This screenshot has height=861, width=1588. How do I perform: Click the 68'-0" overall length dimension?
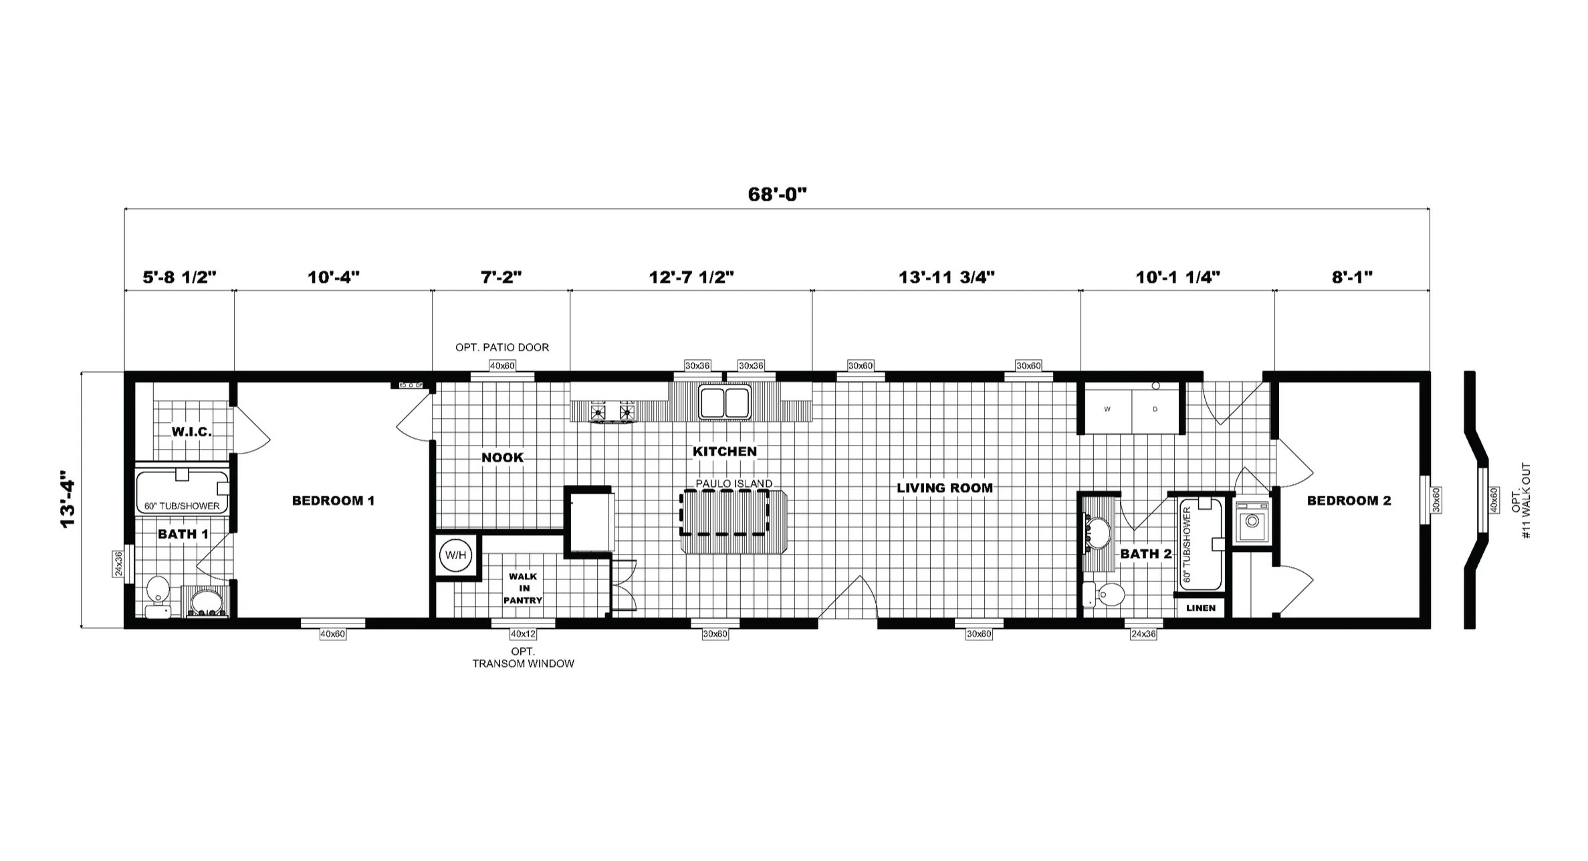tap(778, 195)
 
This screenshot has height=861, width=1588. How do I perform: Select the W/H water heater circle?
tap(456, 555)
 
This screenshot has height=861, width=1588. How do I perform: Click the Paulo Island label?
tap(733, 483)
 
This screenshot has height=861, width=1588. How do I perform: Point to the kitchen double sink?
tap(725, 402)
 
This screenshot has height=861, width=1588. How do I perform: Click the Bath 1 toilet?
tap(158, 596)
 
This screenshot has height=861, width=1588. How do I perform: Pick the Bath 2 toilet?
tap(1104, 594)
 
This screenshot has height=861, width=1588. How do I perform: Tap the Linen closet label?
tap(1201, 608)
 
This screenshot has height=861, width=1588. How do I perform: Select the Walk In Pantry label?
tap(523, 588)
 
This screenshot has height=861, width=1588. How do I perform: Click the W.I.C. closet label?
tap(191, 432)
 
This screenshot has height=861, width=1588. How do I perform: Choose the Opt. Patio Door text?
tap(502, 347)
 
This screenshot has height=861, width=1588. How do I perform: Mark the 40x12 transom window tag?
tap(523, 634)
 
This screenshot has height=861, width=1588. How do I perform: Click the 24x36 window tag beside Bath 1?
tap(118, 563)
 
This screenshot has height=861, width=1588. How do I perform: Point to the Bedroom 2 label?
tap(1349, 500)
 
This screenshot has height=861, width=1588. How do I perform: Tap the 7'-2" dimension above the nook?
tap(501, 277)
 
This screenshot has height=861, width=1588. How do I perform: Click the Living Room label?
tap(945, 488)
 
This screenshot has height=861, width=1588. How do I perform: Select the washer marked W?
tap(1107, 409)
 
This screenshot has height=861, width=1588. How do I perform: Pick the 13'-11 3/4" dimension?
tap(946, 277)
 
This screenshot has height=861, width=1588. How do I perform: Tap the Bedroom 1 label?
tap(333, 500)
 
